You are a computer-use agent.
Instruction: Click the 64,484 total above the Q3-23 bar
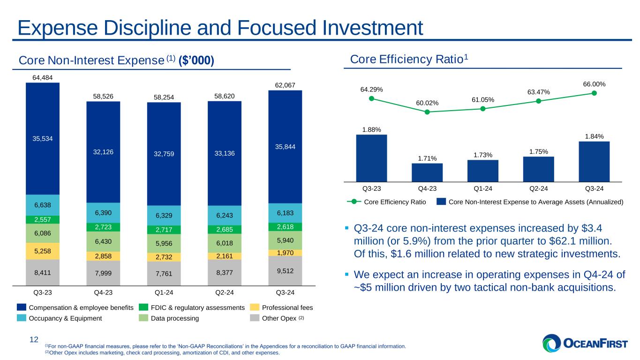(x=43, y=77)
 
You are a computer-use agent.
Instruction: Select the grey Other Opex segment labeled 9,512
(x=285, y=270)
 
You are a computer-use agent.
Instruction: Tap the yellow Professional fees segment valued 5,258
(x=43, y=251)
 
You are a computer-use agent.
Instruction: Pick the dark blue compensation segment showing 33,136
(x=225, y=153)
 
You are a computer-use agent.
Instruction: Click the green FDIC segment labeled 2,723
(x=103, y=227)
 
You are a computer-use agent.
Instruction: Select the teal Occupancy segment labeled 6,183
(x=285, y=213)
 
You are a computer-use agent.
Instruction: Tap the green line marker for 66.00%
(x=594, y=93)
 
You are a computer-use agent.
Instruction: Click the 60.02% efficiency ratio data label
(x=427, y=103)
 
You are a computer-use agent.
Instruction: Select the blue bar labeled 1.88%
(x=371, y=157)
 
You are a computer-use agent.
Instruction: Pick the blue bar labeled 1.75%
(x=538, y=169)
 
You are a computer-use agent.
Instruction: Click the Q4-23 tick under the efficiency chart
(x=427, y=189)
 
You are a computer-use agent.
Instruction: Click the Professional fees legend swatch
(x=255, y=307)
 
